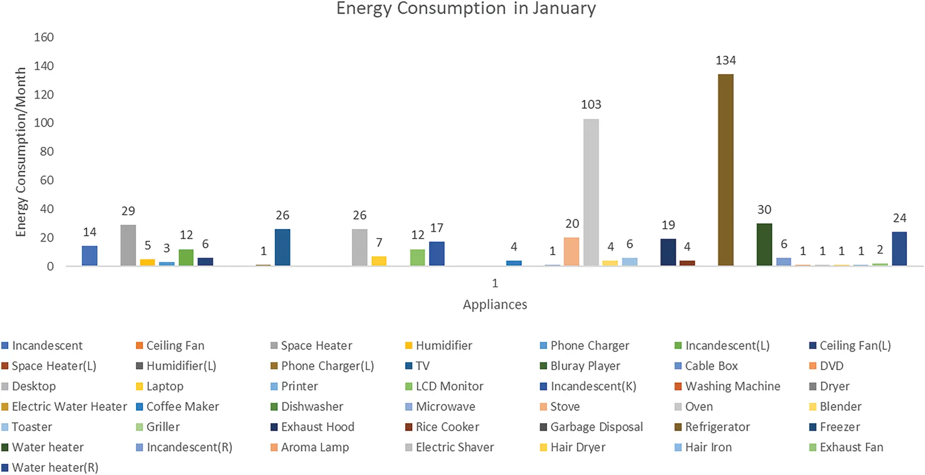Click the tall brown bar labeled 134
[725, 170]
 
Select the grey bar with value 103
[591, 192]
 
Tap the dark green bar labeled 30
[764, 245]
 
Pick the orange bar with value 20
[572, 251]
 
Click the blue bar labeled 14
[89, 256]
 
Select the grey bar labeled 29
[128, 245]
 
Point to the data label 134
[725, 61]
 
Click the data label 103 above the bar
[591, 105]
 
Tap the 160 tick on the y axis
[44, 37]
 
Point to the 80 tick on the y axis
[47, 151]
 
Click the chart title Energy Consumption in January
[466, 9]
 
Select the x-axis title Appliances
[495, 305]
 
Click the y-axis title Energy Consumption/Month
[20, 152]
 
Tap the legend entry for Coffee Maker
[182, 407]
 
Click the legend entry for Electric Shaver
[454, 447]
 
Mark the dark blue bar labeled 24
[899, 249]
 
